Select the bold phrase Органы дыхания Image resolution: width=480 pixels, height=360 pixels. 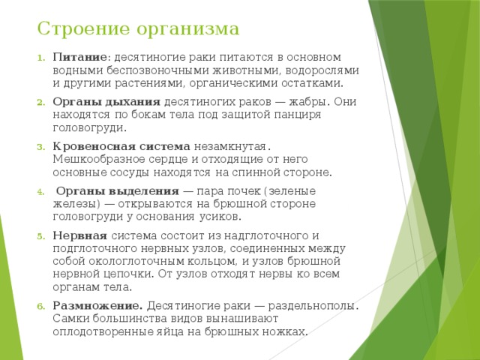[106, 101]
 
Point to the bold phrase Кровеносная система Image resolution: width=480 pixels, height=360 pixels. [121, 145]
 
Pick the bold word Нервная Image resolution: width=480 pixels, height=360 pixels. [80, 235]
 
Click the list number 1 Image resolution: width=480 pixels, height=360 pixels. [40, 58]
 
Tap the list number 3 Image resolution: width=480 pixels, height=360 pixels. [40, 146]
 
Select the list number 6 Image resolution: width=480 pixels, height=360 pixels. [40, 306]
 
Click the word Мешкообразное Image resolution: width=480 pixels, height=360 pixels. [98, 159]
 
